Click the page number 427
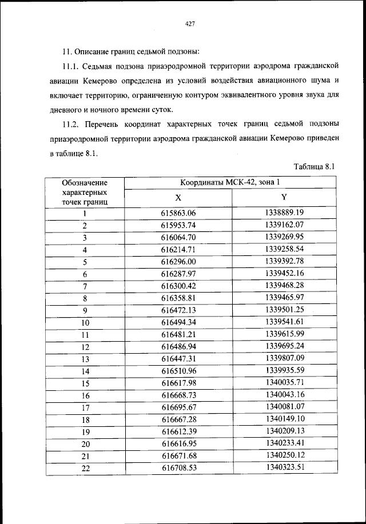[x=191, y=23]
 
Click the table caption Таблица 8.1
[x=313, y=167]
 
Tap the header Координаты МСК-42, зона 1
[x=230, y=183]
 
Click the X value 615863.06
[x=178, y=213]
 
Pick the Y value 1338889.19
[x=284, y=213]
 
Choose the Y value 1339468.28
[x=284, y=285]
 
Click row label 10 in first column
[x=85, y=322]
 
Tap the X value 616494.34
[x=178, y=322]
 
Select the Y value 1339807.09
[x=284, y=358]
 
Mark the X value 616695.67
[x=178, y=407]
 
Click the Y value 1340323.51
[x=284, y=467]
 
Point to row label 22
[x=85, y=468]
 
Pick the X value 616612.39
[x=178, y=431]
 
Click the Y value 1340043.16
[x=284, y=395]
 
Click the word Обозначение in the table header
[x=85, y=183]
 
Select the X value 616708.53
[x=178, y=468]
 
